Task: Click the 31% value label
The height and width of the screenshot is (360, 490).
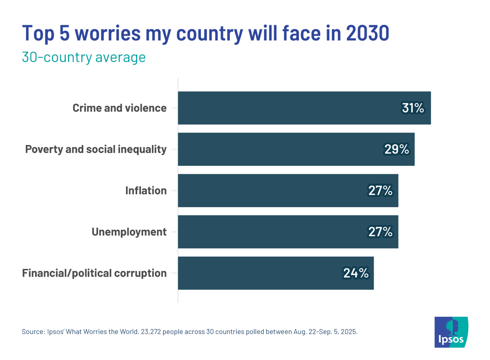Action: coord(413,108)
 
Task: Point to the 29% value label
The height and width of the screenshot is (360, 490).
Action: coord(396,150)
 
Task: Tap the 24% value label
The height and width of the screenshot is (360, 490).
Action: coord(356,273)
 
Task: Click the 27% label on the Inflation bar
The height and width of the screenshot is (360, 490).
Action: coord(380,191)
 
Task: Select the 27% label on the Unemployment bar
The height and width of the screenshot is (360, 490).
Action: coord(380,232)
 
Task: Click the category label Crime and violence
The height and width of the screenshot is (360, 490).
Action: coord(119,108)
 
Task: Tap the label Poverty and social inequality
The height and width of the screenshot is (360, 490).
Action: coord(96,150)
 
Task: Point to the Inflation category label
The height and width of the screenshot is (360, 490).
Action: coord(146,191)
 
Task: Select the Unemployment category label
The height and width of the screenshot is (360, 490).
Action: coord(129,232)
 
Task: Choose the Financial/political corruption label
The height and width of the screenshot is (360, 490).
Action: coord(94,273)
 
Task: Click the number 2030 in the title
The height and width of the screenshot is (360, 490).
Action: coord(367,34)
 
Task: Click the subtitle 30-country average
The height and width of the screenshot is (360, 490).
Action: coord(83,57)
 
